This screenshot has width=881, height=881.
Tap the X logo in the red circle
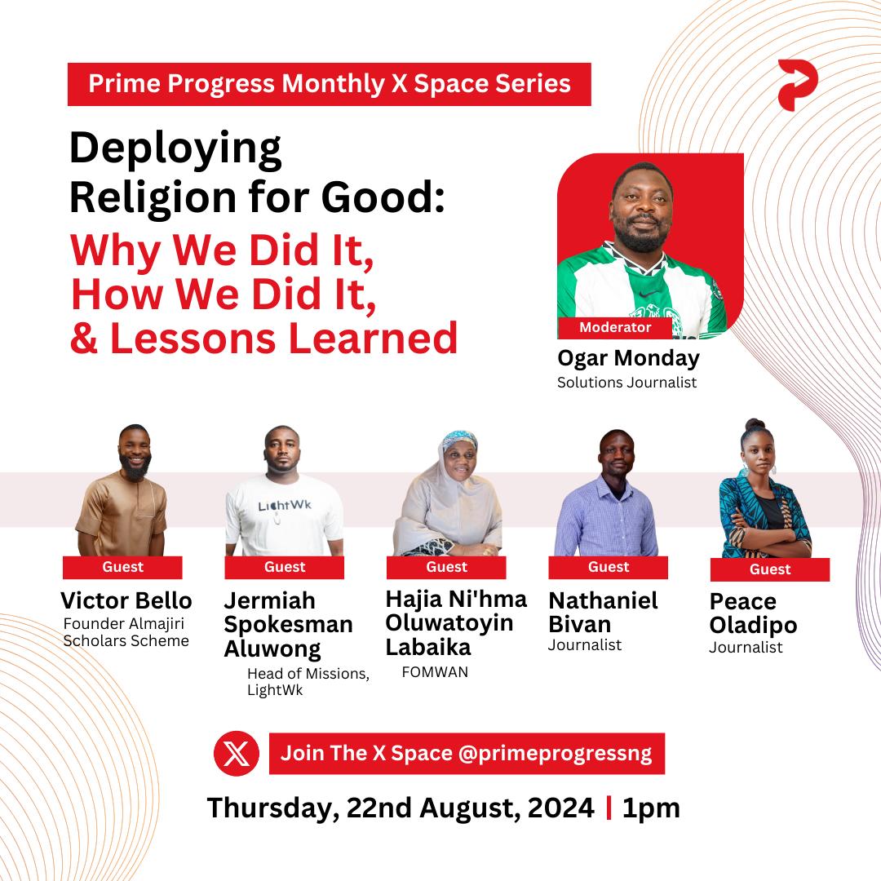coord(236,753)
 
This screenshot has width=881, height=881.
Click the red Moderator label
coord(615,328)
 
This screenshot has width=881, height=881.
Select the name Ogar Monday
coord(628,358)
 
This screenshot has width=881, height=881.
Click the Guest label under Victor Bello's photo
coord(122,567)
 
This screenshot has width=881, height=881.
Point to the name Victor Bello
coord(126,601)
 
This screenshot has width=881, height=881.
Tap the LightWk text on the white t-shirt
coord(285,507)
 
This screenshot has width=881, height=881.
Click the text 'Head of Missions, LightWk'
coord(308,681)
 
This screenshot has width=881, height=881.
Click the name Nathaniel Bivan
coord(603,613)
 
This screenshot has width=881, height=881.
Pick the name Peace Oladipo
coord(753,613)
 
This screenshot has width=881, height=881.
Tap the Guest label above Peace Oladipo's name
coord(770,569)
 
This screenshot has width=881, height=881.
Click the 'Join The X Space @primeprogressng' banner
coord(467,753)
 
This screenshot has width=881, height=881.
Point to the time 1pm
coord(650,808)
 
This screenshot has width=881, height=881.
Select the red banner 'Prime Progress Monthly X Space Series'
coord(330,84)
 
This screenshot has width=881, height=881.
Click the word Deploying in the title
coord(175,150)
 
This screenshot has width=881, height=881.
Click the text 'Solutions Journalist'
coord(626,382)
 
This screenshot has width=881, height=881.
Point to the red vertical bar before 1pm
coord(609,808)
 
